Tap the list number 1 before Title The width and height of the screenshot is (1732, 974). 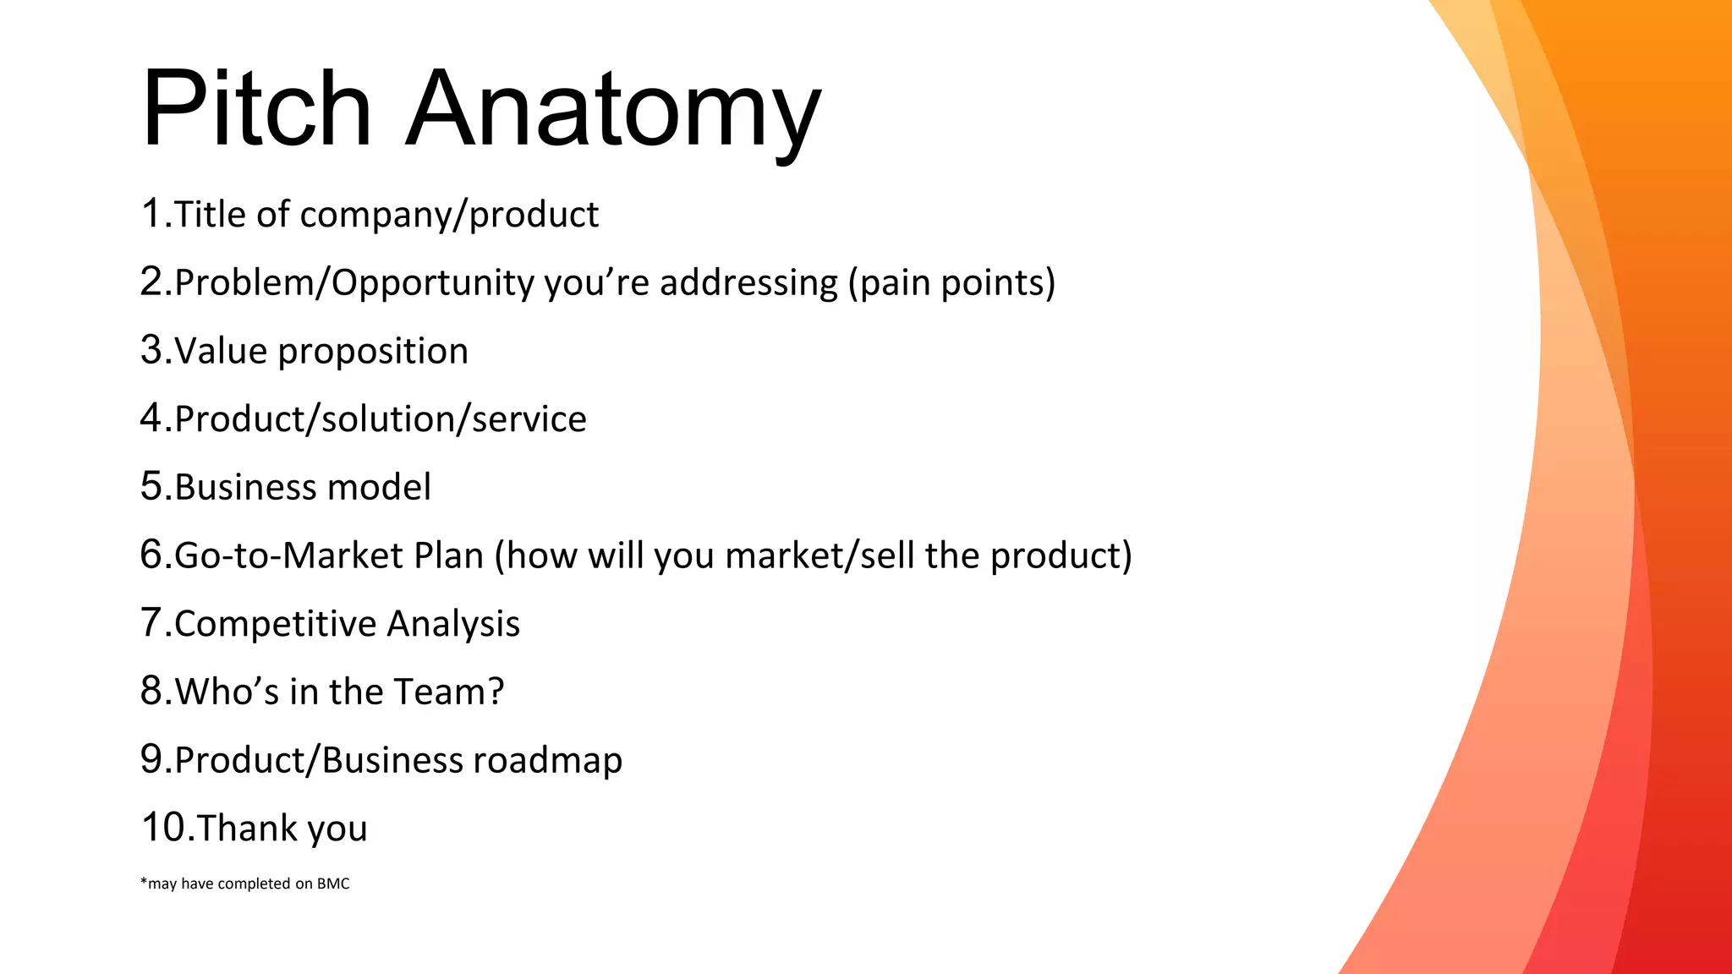pos(151,213)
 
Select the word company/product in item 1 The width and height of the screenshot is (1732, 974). pos(449,216)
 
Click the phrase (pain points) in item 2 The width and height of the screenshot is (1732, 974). pos(951,283)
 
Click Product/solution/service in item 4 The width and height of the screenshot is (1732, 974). pos(381,419)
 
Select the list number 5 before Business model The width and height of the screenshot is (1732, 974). pos(151,486)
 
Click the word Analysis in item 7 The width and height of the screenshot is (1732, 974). pos(453,625)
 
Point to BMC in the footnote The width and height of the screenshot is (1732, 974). pos(333,884)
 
